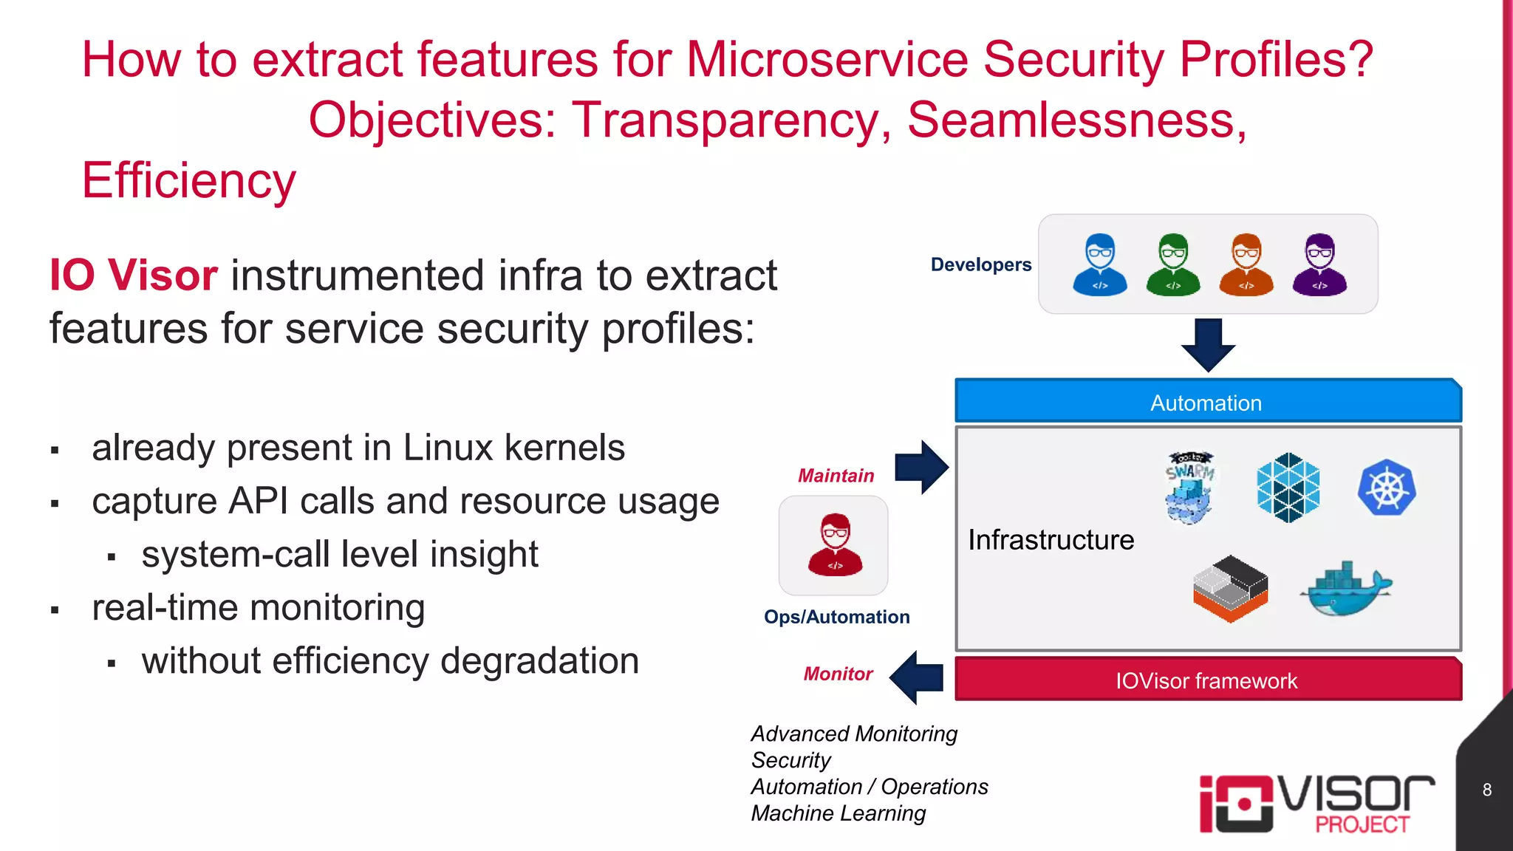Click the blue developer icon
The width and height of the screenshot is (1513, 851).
pyautogui.click(x=1099, y=264)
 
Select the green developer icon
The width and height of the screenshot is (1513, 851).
pyautogui.click(x=1172, y=264)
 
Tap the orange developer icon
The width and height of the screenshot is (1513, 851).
pyautogui.click(x=1246, y=264)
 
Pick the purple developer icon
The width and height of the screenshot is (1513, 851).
pyautogui.click(x=1319, y=264)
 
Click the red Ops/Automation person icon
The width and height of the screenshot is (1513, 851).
pyautogui.click(x=835, y=545)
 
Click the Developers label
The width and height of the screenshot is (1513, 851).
pyautogui.click(x=980, y=264)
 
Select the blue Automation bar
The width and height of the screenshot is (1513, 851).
pyautogui.click(x=1207, y=402)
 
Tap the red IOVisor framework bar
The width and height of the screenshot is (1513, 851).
pyautogui.click(x=1207, y=680)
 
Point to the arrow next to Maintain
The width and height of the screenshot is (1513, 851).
pyautogui.click(x=921, y=468)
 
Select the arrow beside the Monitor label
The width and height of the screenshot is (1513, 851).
pyautogui.click(x=917, y=677)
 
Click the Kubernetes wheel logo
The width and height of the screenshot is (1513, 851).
pyautogui.click(x=1387, y=488)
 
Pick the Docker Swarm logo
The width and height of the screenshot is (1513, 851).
pyautogui.click(x=1189, y=488)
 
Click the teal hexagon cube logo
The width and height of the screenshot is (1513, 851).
pyautogui.click(x=1288, y=488)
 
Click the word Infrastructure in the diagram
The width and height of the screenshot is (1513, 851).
pyautogui.click(x=1051, y=540)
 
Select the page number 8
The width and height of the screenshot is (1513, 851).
pyautogui.click(x=1486, y=790)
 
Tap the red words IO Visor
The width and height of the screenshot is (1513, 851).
pyautogui.click(x=133, y=276)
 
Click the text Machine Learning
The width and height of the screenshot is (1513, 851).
pyautogui.click(x=838, y=813)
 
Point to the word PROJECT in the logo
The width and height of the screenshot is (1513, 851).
pyautogui.click(x=1362, y=824)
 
